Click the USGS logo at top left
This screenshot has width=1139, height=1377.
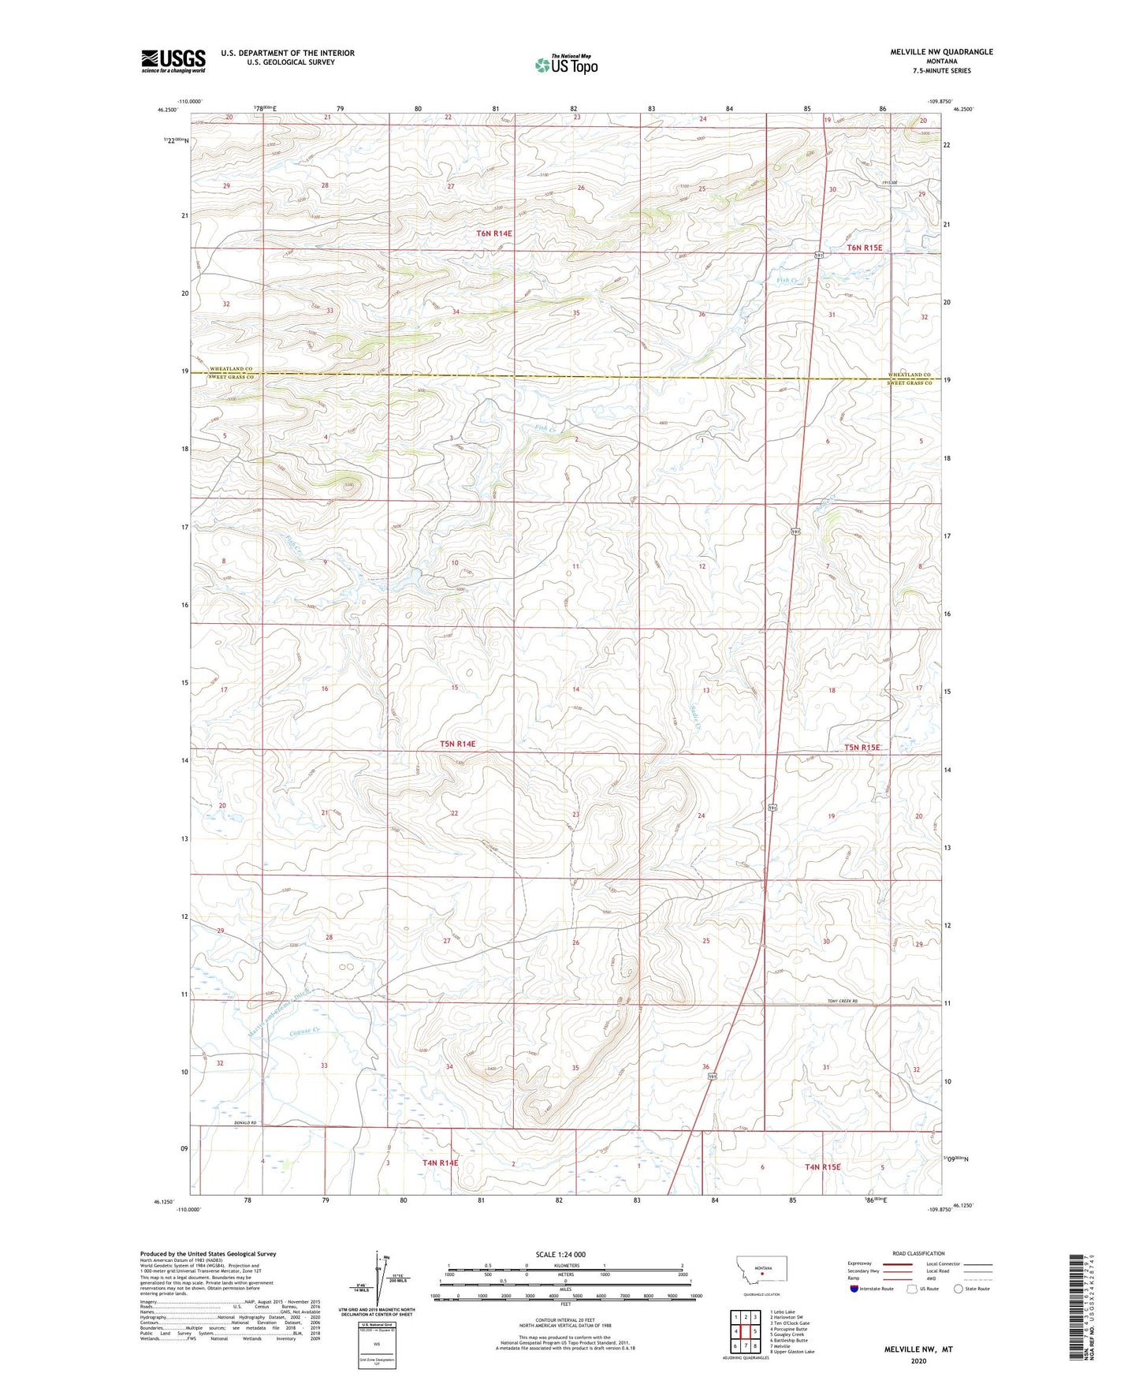173,61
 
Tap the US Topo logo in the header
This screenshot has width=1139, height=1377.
566,65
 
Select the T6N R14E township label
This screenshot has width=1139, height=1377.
494,233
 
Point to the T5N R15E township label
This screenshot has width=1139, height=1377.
862,747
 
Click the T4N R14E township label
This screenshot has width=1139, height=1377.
440,1162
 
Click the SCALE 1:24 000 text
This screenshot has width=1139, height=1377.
560,1255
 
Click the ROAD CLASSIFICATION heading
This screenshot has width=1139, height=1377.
918,1253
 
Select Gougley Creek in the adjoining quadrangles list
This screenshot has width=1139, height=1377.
789,1334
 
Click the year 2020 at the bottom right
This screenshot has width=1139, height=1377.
918,1361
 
